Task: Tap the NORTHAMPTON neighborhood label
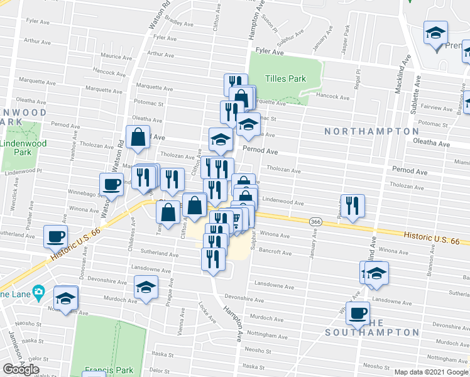(x=371, y=131)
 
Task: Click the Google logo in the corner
(x=21, y=369)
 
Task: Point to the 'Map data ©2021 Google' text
(x=431, y=372)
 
